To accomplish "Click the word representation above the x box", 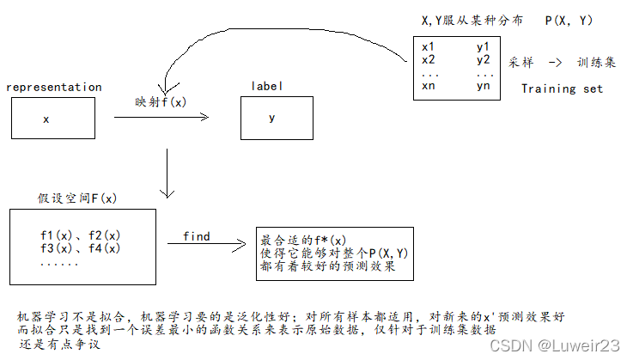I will [x=53, y=87].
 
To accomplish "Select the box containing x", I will [x=52, y=119].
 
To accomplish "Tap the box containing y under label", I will [x=271, y=119].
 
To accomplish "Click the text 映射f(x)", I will [x=161, y=101].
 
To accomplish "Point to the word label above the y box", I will [x=267, y=87].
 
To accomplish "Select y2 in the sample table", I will [x=484, y=59].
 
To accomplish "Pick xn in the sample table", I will [x=429, y=85].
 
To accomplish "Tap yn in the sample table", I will [x=484, y=85].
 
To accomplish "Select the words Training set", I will [x=563, y=88].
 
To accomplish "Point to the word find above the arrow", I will [x=197, y=236].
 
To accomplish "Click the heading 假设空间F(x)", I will [x=77, y=198].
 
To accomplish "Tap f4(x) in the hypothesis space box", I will [x=104, y=248].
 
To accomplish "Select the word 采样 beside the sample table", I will [x=522, y=63].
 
